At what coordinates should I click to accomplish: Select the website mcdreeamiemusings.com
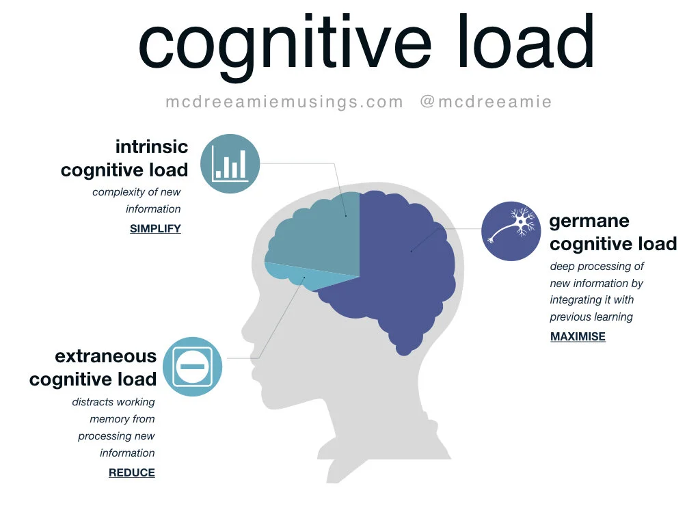[284, 102]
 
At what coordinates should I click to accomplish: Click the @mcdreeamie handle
[486, 102]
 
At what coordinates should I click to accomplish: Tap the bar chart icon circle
[230, 164]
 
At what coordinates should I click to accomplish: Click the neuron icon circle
[511, 231]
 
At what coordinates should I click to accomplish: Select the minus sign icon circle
[193, 366]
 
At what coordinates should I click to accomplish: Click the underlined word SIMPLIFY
[155, 229]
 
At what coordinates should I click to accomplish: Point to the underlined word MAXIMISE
[578, 336]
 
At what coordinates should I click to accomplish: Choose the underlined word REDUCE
[132, 472]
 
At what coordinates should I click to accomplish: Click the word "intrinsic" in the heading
[151, 146]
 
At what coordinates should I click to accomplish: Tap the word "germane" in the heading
[589, 221]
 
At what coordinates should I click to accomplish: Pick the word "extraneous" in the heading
[106, 356]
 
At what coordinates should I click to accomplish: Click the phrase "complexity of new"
[137, 192]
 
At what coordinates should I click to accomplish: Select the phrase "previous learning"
[591, 317]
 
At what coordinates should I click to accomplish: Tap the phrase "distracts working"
[113, 402]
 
